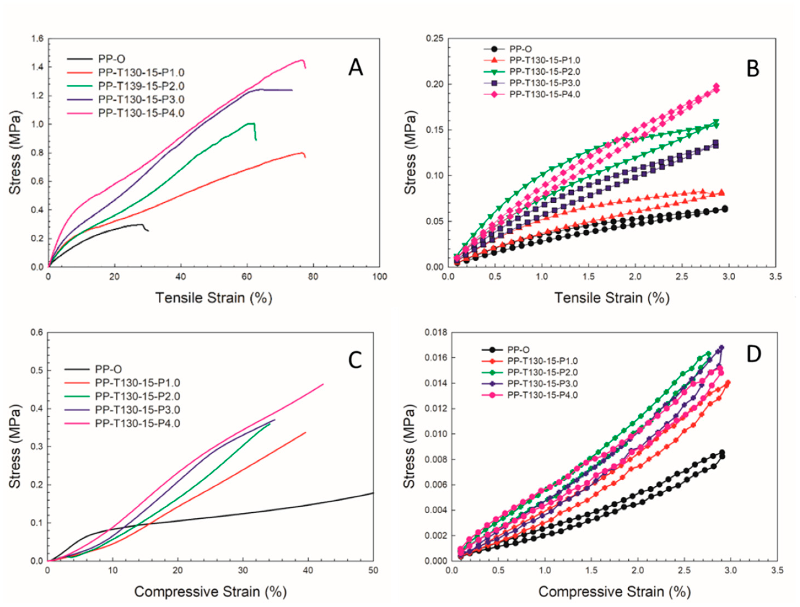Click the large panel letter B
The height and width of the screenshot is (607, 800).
pos(753,68)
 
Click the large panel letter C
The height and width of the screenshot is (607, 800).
pos(355,360)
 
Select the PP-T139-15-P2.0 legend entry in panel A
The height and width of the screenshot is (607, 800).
pos(141,86)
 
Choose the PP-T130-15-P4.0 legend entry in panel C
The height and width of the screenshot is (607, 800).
pos(137,423)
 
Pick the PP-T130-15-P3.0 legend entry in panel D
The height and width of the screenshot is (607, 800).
pos(542,384)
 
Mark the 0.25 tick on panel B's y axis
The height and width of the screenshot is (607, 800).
pos(435,39)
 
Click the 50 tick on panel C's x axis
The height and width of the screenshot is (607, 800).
pos(373,570)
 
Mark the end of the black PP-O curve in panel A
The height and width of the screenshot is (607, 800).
pos(148,231)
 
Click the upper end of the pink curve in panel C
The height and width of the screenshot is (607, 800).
pos(323,384)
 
